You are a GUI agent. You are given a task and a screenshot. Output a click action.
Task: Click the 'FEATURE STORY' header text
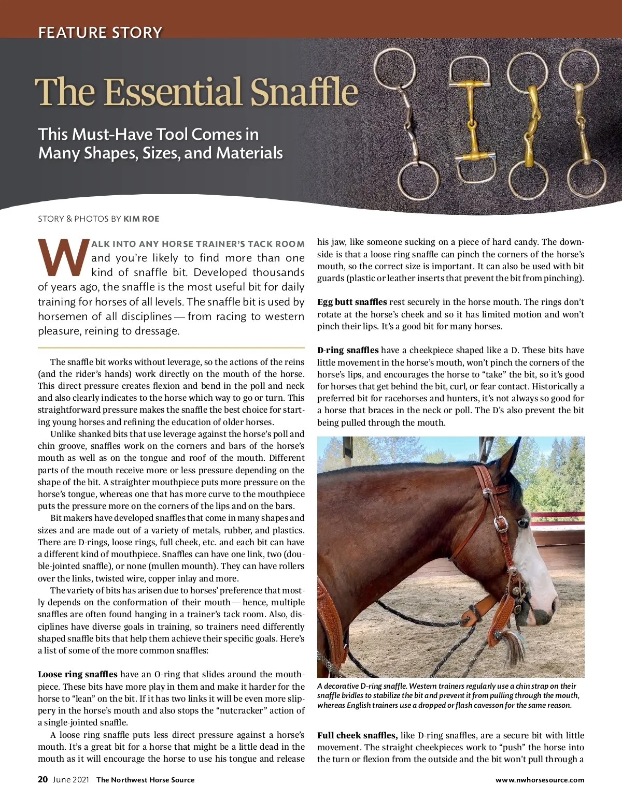pyautogui.click(x=100, y=33)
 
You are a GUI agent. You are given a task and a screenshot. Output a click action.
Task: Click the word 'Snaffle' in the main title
pyautogui.click(x=304, y=92)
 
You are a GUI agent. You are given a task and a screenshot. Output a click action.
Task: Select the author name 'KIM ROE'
pyautogui.click(x=141, y=219)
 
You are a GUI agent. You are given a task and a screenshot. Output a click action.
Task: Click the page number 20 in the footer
pyautogui.click(x=43, y=780)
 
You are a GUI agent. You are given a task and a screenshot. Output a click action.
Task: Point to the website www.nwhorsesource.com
pyautogui.click(x=540, y=780)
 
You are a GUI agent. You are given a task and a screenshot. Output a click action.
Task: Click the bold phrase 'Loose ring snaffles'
pyautogui.click(x=78, y=675)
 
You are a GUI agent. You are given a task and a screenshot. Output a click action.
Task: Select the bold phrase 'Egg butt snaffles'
pyautogui.click(x=352, y=302)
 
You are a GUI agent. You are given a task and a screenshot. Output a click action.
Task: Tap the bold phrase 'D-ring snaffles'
pyautogui.click(x=348, y=351)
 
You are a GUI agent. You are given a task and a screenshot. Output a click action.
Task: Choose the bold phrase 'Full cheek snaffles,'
pyautogui.click(x=357, y=735)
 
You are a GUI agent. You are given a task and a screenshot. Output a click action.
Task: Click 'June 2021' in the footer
pyautogui.click(x=70, y=780)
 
